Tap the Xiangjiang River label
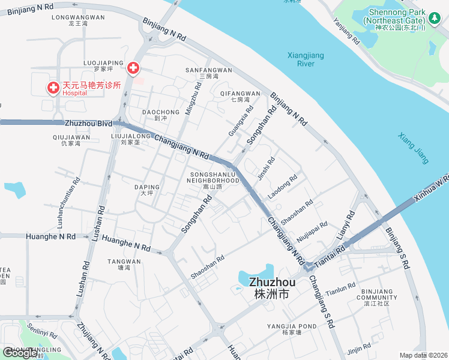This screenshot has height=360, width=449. tap(306, 59)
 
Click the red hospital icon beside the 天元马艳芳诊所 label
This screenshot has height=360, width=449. tap(53, 89)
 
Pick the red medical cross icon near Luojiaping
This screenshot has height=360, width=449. tap(133, 67)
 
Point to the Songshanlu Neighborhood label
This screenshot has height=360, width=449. tap(212, 180)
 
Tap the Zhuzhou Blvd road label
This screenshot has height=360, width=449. tap(89, 123)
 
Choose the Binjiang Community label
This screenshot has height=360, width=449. tap(377, 300)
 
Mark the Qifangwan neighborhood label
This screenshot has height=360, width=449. tap(240, 97)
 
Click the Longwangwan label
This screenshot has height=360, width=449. tap(78, 20)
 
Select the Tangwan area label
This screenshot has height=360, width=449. tap(124, 265)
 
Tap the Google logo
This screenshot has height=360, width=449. tap(21, 353)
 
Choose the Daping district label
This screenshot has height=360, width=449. tap(147, 190)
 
